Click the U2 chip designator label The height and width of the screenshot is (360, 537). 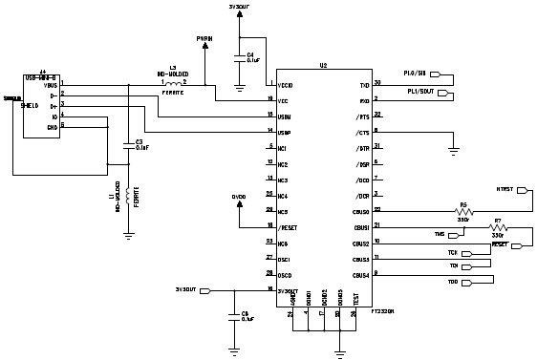coord(324,65)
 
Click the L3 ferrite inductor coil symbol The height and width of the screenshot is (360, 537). coord(172,84)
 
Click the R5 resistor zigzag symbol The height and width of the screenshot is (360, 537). coord(463,210)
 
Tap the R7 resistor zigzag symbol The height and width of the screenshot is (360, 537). coord(497,228)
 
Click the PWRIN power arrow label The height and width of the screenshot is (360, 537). coord(204,39)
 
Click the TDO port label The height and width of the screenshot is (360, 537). coord(454,282)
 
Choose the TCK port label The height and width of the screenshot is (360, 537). coord(454,253)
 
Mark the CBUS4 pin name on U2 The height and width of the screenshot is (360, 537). coord(359,275)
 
